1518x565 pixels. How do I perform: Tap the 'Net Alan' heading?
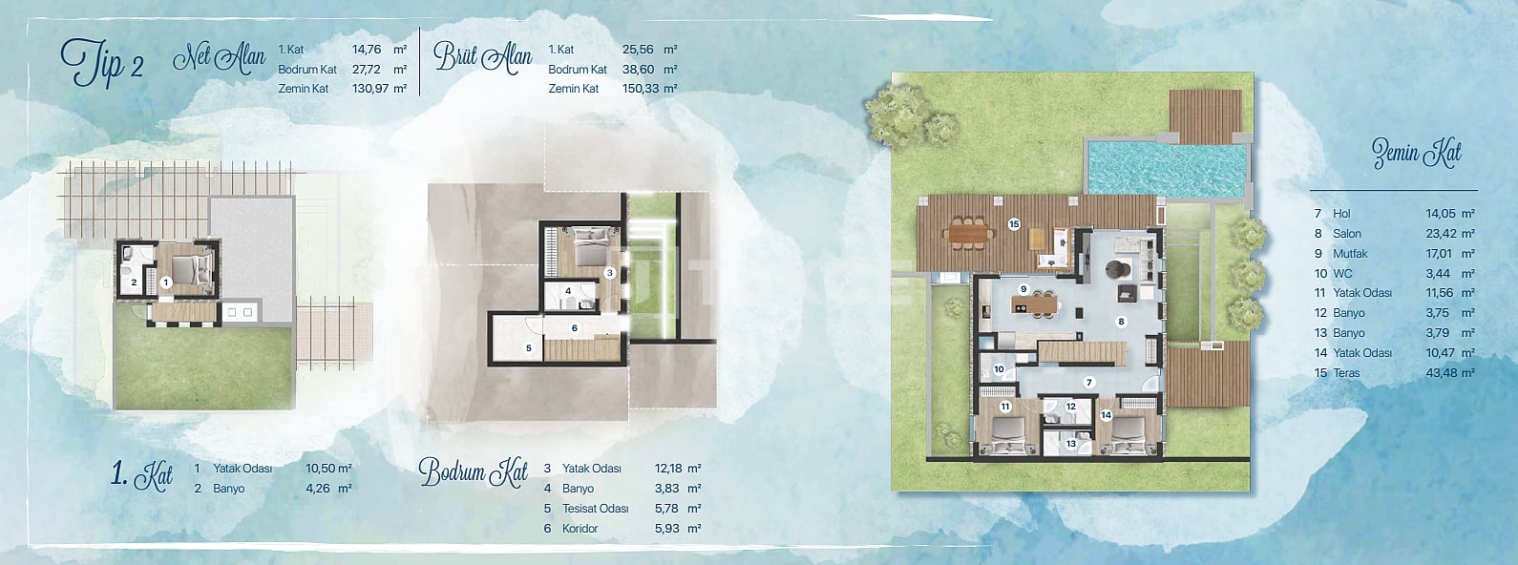pos(219,58)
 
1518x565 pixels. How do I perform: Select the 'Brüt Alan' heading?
pos(482,57)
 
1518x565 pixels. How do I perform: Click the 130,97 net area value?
pos(370,89)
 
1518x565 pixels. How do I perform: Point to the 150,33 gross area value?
pos(641,89)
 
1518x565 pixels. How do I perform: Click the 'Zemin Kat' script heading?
pos(1417,154)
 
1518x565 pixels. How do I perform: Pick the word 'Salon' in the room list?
pos(1347,234)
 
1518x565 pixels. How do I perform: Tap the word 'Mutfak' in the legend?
pos(1351,254)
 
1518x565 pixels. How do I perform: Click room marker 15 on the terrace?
pos(1014,224)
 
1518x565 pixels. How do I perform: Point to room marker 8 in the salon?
pos(1122,322)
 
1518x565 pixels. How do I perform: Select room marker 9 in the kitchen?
pos(1024,289)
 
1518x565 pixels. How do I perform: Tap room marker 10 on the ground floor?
pos(999,369)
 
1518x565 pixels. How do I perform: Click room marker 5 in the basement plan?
pos(529,348)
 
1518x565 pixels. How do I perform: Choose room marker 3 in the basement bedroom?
pos(610,273)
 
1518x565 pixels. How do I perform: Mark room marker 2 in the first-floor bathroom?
pos(135,282)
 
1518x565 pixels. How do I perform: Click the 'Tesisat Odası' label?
pos(596,509)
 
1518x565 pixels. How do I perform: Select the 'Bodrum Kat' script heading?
pos(473,472)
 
